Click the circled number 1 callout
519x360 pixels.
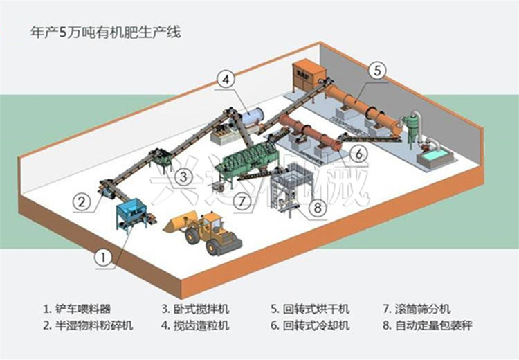(104, 257)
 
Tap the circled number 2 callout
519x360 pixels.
(82, 201)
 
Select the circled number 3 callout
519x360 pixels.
(183, 176)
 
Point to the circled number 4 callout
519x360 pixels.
(226, 80)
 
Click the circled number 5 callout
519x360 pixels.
(377, 71)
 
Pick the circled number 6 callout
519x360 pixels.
(359, 153)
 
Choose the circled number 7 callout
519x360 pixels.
(242, 201)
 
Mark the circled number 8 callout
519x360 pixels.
(318, 208)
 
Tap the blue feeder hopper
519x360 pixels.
(131, 214)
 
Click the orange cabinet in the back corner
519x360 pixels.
(309, 75)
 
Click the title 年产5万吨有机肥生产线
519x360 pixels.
(106, 33)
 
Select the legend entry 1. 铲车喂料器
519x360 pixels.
(77, 309)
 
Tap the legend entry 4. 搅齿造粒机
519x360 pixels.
(195, 325)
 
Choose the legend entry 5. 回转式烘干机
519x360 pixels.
(310, 309)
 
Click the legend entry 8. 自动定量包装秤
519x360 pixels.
(428, 325)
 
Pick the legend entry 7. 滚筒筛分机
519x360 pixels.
(417, 309)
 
